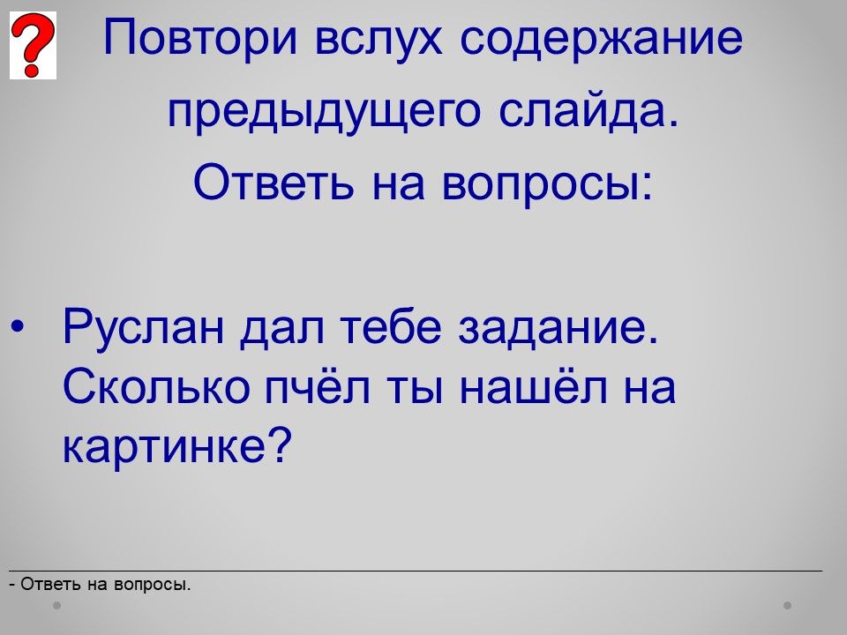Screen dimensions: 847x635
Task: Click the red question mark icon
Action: [33, 45]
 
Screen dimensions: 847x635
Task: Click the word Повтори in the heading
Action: [200, 38]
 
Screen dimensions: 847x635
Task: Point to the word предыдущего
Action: [324, 112]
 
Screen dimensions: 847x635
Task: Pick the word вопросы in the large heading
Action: [547, 183]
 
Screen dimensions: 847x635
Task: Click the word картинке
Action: [177, 446]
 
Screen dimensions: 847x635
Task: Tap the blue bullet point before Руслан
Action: [18, 326]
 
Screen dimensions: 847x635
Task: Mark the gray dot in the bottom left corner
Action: [56, 605]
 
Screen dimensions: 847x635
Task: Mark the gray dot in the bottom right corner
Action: [788, 605]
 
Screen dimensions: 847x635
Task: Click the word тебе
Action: [392, 326]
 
